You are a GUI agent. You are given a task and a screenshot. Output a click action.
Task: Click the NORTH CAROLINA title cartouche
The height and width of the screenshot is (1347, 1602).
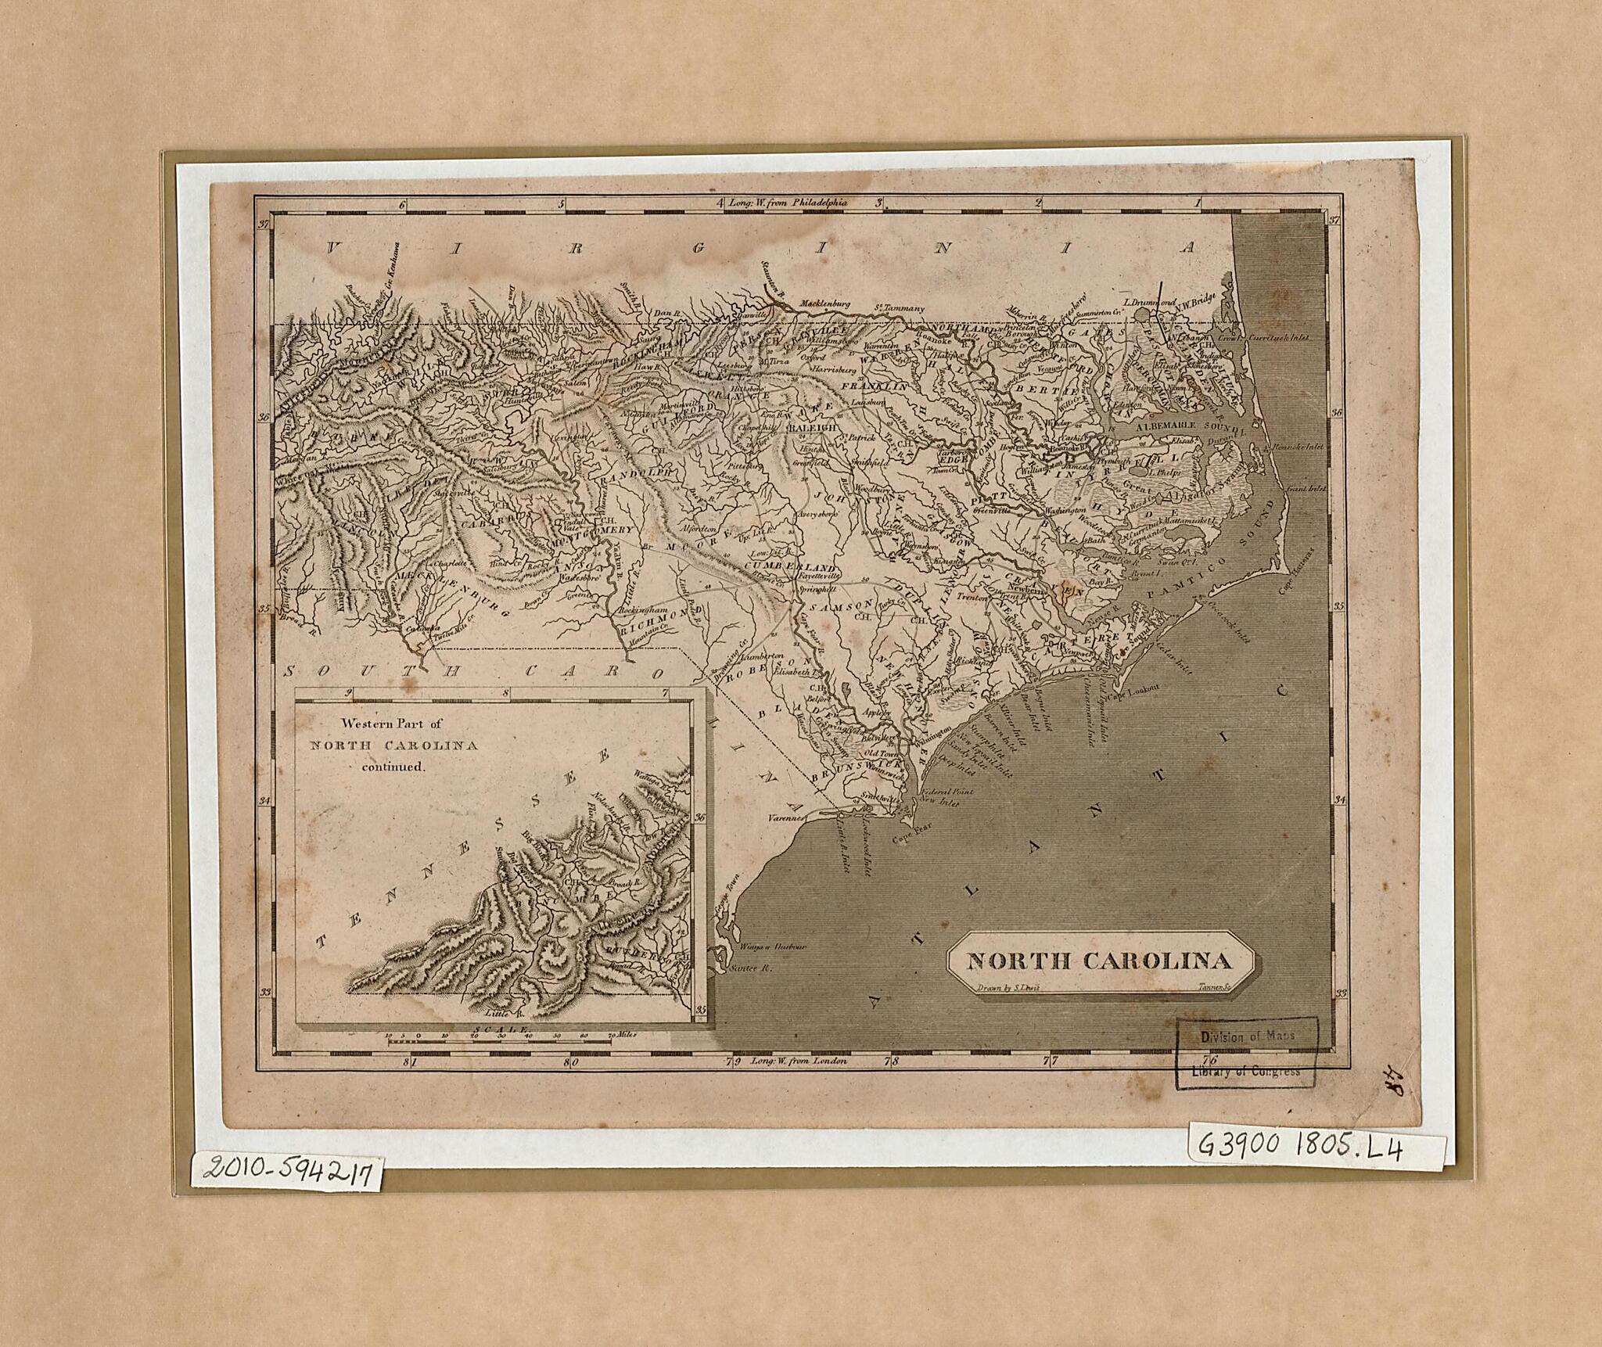click(1100, 961)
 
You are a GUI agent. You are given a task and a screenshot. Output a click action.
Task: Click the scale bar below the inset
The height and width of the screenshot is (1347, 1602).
click(501, 1040)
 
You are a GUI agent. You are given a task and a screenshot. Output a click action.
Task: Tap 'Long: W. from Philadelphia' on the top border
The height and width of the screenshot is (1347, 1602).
click(788, 202)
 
